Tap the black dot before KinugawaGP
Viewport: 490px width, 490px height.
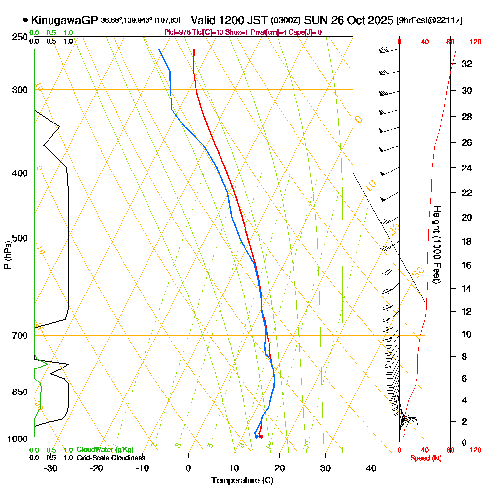click(x=25, y=20)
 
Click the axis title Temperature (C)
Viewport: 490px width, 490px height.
click(x=242, y=481)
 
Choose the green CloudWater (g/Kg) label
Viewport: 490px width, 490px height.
click(x=105, y=450)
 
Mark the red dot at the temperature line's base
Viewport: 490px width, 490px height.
click(x=261, y=436)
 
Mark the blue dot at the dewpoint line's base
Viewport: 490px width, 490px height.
click(x=256, y=436)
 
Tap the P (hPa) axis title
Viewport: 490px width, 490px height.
click(x=7, y=255)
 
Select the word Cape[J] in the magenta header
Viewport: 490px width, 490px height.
click(x=303, y=32)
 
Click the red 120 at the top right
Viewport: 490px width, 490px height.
click(x=475, y=42)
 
